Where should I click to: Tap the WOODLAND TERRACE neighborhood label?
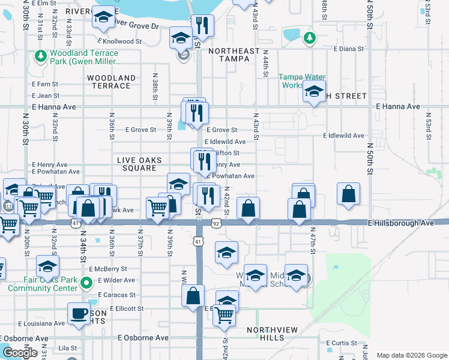(x=111, y=82)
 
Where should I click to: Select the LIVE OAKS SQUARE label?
(x=137, y=163)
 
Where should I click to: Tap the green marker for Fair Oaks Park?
(x=86, y=283)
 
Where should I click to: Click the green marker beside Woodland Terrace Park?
(x=41, y=56)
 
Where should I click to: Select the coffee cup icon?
(x=79, y=313)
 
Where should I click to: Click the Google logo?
(x=19, y=353)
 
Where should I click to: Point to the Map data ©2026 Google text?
(x=412, y=355)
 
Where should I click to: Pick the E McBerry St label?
(x=106, y=269)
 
